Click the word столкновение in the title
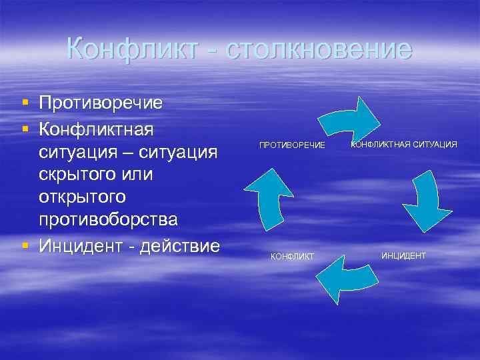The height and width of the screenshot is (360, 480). click(319, 49)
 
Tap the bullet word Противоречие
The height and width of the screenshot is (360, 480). click(101, 103)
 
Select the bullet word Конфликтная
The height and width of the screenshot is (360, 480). click(97, 127)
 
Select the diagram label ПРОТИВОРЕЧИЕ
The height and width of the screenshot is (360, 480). click(292, 145)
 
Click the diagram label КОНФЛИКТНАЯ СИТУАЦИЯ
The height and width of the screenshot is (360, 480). click(404, 143)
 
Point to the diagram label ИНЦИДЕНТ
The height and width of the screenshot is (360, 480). click(403, 255)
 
